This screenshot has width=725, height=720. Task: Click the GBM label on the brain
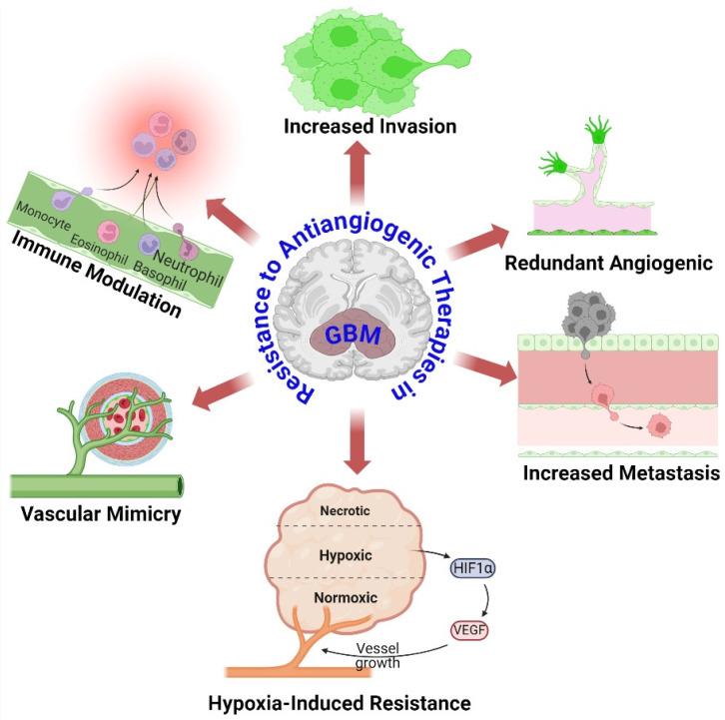click(355, 335)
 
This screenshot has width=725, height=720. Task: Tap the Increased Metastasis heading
click(620, 470)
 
